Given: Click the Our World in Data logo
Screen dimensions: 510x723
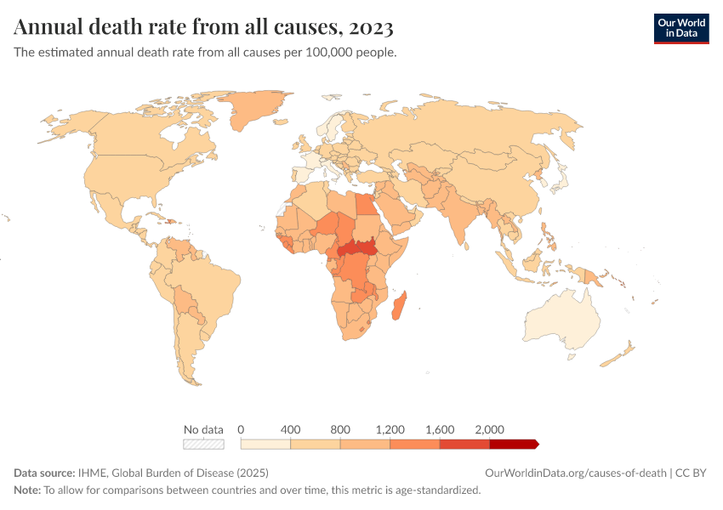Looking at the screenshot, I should click(x=680, y=27).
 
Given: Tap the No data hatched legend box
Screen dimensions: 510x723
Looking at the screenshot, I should click(x=203, y=444).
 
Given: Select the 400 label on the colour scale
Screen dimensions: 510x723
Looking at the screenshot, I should click(x=291, y=428).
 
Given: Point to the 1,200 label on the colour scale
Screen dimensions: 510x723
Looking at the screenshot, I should click(x=390, y=428).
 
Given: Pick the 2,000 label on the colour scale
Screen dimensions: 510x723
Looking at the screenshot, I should click(x=490, y=428).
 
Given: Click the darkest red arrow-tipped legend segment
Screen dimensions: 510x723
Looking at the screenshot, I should click(x=513, y=444).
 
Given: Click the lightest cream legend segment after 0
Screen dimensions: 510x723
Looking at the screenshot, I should click(x=265, y=444).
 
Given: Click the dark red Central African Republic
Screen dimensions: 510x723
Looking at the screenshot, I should click(x=356, y=250).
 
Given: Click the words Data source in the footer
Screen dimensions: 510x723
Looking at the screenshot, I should click(x=43, y=473).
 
